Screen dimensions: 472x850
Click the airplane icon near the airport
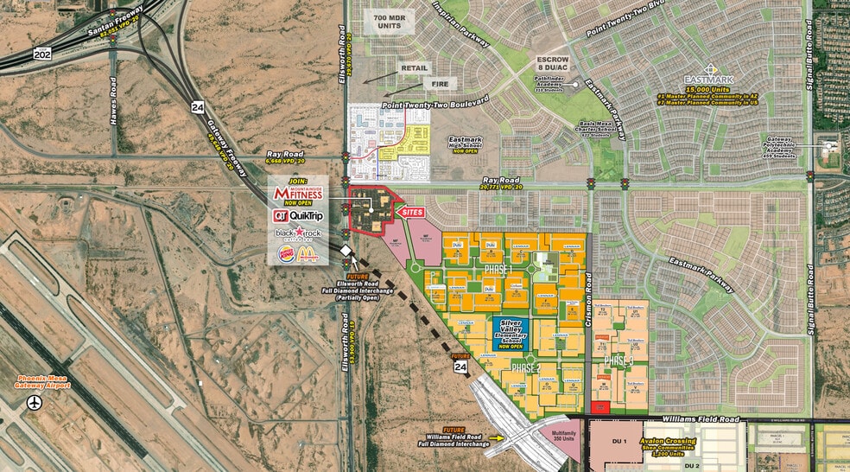click(x=35, y=403)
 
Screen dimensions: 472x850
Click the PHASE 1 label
click(x=503, y=269)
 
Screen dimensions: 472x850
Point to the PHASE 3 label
click(x=618, y=360)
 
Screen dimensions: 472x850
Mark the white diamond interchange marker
click(x=346, y=251)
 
